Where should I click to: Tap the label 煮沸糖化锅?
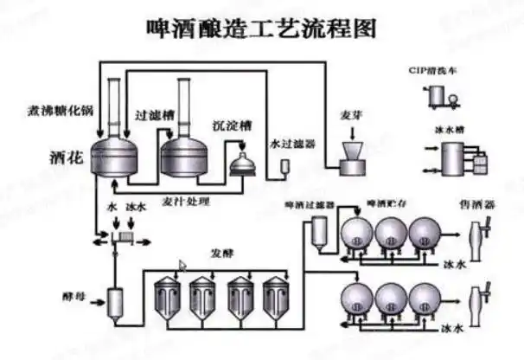coord(61,112)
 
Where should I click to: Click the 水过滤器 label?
coord(292,144)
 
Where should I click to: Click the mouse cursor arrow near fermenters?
coord(182,266)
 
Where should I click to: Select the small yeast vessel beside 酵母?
coord(116,302)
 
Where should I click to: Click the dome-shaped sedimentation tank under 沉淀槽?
coord(242,158)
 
